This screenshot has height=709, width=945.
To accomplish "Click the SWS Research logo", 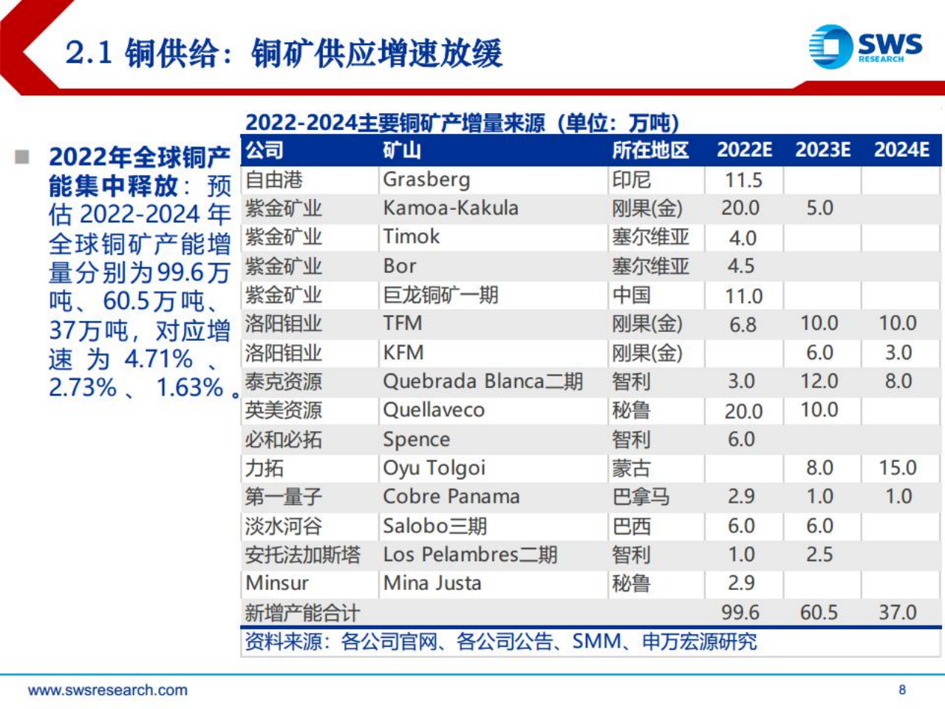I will (864, 47).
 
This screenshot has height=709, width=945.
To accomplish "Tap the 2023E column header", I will (822, 150).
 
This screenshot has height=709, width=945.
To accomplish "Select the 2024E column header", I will (901, 150).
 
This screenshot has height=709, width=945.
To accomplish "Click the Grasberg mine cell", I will (426, 180).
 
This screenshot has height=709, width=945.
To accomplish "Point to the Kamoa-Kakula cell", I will (450, 208).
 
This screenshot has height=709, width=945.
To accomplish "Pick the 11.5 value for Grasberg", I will (743, 180).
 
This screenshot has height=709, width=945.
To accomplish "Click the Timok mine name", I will (411, 237).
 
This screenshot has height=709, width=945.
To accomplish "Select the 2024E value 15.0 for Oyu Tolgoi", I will (897, 468).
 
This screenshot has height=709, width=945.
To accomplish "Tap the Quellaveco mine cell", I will (434, 410).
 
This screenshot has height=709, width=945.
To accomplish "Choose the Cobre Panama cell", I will (451, 497).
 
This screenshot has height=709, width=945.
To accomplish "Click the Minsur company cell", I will (277, 583).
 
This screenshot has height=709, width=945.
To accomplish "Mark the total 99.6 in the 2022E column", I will (741, 613).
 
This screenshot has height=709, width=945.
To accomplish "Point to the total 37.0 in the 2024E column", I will (897, 613).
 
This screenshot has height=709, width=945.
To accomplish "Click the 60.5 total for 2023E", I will (819, 613).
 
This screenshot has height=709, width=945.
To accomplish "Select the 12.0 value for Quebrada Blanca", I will (819, 381).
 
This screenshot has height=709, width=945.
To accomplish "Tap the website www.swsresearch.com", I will (108, 691).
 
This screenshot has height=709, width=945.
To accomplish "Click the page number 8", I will (902, 690).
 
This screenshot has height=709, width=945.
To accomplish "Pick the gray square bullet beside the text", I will (22, 157).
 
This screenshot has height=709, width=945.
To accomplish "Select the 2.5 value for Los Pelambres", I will (819, 554).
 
